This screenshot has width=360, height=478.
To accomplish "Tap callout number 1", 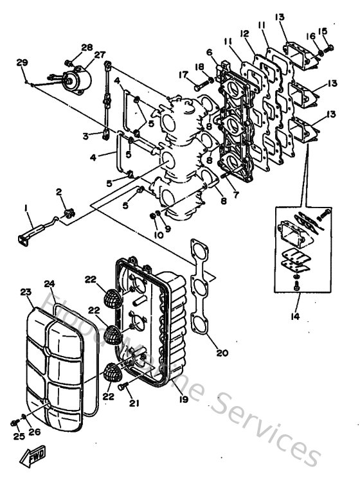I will (26, 208).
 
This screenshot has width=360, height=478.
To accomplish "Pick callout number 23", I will (26, 292).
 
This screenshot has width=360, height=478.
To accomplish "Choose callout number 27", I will (100, 56).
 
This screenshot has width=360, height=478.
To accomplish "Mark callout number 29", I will (22, 62).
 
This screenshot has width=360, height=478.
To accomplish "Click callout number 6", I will (210, 52).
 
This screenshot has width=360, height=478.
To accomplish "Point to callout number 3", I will (85, 136).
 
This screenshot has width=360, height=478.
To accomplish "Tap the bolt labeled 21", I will (125, 387).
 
